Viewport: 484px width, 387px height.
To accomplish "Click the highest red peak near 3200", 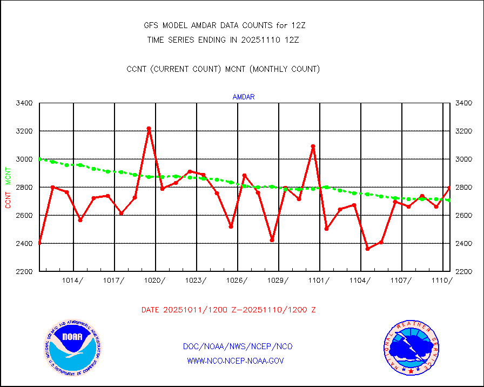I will pyautogui.click(x=149, y=129).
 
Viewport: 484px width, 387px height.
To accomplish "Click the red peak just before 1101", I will pyautogui.click(x=313, y=146).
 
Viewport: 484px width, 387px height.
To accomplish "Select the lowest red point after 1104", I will pyautogui.click(x=368, y=249).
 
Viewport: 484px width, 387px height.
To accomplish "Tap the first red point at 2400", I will pyautogui.click(x=39, y=243).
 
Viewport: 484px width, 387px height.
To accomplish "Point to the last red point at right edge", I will pyautogui.click(x=449, y=188).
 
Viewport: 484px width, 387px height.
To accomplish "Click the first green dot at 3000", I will pyautogui.click(x=40, y=159).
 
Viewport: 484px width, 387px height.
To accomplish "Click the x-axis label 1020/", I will pyautogui.click(x=155, y=280).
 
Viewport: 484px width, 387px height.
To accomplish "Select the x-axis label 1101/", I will pyautogui.click(x=319, y=280).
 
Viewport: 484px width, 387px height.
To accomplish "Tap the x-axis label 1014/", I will pyautogui.click(x=73, y=280).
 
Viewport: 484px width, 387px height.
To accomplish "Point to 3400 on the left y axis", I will pyautogui.click(x=25, y=103).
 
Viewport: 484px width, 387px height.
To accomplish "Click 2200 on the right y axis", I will pyautogui.click(x=465, y=271).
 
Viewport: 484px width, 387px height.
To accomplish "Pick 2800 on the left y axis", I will pyautogui.click(x=25, y=187).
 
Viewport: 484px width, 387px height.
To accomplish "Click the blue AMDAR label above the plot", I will pyautogui.click(x=244, y=97).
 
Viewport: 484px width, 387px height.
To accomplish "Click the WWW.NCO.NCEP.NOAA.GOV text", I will pyautogui.click(x=236, y=361).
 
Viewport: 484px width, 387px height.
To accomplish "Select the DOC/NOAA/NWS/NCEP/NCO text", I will pyautogui.click(x=238, y=346).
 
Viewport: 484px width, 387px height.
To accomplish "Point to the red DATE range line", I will pyautogui.click(x=228, y=310).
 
